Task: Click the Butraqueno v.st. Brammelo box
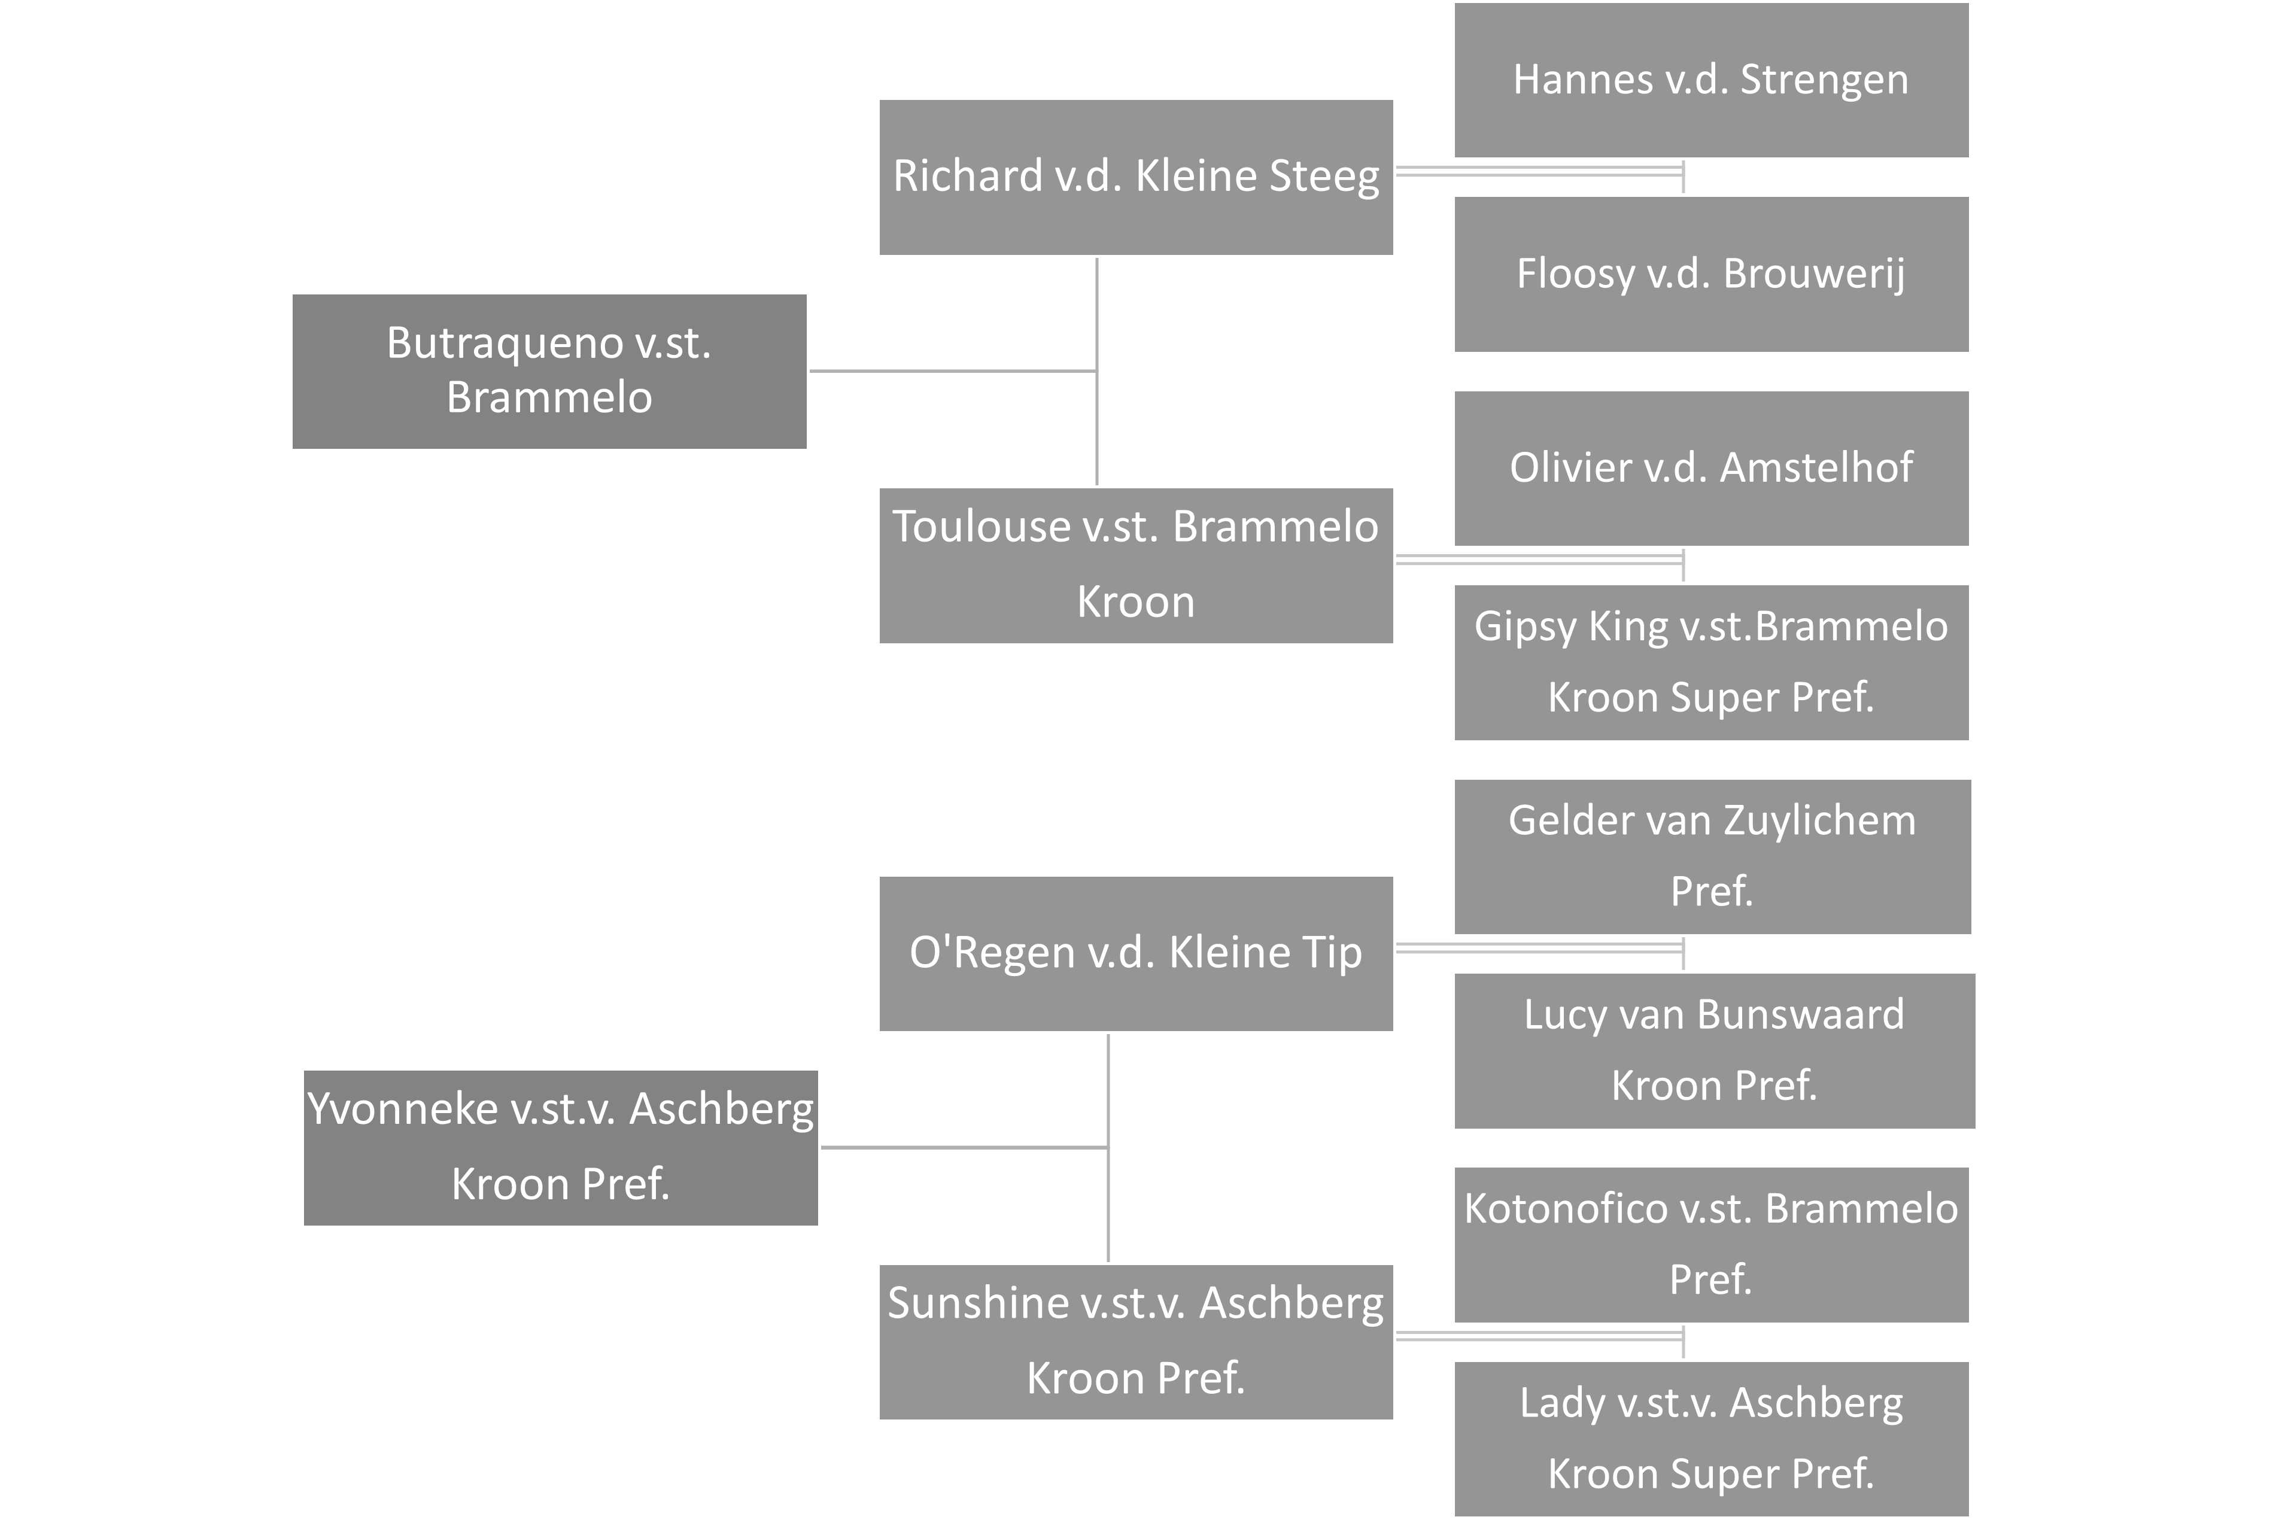click(x=549, y=370)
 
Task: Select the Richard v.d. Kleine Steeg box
click(x=1136, y=177)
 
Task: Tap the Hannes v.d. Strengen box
click(x=1710, y=80)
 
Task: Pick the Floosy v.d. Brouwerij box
click(x=1710, y=274)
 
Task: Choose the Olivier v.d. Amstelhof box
click(x=1710, y=468)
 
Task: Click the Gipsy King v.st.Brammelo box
click(x=1710, y=662)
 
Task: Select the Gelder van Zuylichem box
click(x=1712, y=856)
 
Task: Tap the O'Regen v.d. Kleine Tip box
click(x=1136, y=953)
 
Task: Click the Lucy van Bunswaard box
click(x=1715, y=1050)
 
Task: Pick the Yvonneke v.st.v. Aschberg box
click(x=561, y=1147)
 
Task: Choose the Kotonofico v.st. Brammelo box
click(x=1710, y=1244)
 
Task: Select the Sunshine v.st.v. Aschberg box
click(x=1136, y=1341)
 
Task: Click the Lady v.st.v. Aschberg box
click(x=1710, y=1438)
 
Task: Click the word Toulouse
click(x=980, y=527)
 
